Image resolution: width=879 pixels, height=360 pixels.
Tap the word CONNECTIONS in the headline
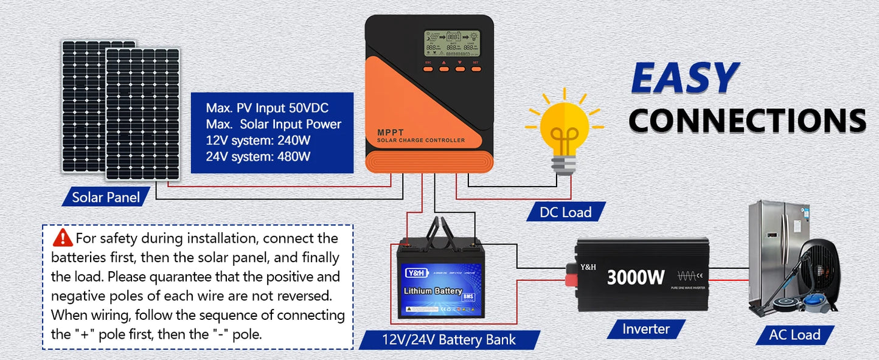[747, 120]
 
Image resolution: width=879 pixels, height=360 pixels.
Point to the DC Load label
[566, 212]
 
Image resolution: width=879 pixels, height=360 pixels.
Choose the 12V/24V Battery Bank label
[449, 339]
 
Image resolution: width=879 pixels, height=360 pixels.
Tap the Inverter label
[645, 329]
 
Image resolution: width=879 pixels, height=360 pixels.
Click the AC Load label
[794, 334]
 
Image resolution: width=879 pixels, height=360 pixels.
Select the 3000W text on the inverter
[636, 277]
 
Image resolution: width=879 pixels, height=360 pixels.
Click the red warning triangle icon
[63, 237]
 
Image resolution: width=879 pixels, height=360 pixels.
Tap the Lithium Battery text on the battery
[433, 291]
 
